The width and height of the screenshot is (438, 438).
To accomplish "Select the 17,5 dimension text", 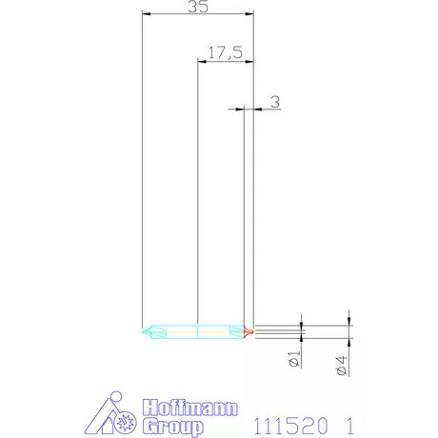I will click(225, 53).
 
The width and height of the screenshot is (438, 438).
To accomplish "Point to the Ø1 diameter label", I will click(293, 359).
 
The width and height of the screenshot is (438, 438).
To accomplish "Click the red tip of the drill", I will click(249, 331).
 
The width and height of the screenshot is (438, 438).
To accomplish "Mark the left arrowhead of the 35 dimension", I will click(144, 14).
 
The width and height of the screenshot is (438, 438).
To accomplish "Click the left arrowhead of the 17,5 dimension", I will click(200, 61).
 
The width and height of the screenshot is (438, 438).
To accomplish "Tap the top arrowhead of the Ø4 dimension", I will click(349, 321).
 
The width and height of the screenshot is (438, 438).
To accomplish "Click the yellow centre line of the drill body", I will click(196, 331).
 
